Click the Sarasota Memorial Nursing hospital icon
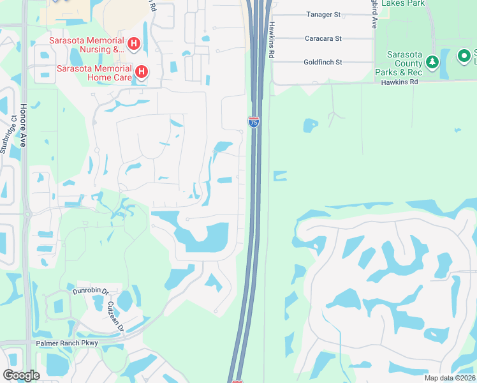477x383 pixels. point(134,44)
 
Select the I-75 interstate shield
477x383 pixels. point(254,121)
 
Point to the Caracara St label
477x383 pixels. point(324,38)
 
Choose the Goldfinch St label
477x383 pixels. point(324,62)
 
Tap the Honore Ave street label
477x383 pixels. point(23,126)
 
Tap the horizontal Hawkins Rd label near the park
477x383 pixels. point(400,82)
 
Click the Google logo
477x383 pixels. point(21,375)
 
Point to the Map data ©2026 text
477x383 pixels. point(449,378)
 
